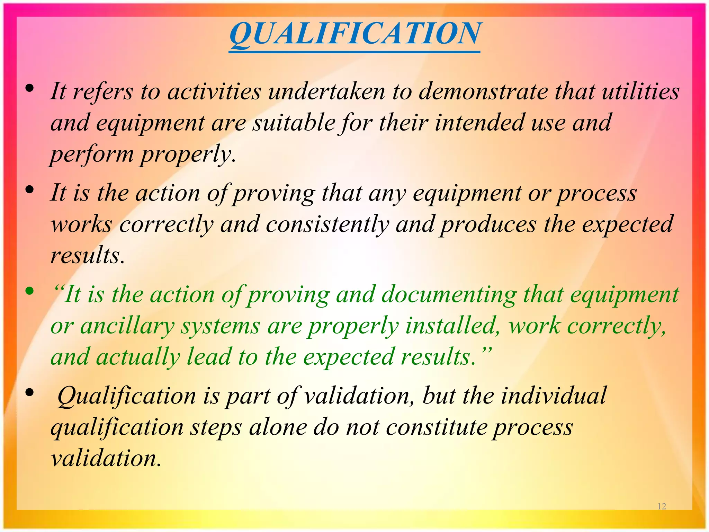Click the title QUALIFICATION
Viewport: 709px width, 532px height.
point(354,34)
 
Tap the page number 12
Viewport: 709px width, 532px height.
point(662,506)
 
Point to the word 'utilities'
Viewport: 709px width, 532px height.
point(640,91)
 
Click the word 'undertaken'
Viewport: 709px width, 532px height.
point(326,91)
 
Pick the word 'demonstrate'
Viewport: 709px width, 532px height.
point(483,91)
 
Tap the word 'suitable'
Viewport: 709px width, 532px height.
point(294,123)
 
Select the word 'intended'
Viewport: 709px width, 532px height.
point(479,123)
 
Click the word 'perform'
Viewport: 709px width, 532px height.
point(92,154)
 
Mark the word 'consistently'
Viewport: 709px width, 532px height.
point(327,224)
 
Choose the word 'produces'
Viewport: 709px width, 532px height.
point(488,225)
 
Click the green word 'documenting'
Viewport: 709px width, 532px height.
point(449,295)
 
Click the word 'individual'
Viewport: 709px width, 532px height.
point(554,395)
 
